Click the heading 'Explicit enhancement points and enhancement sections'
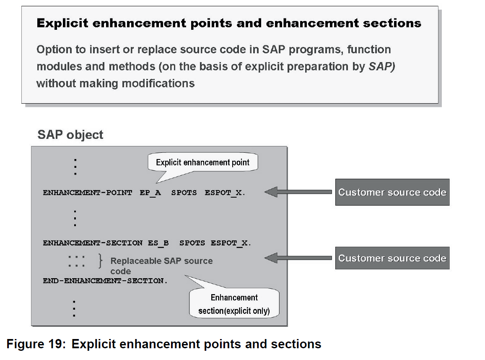pos(229,23)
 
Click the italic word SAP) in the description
pos(382,67)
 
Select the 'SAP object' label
pos(70,135)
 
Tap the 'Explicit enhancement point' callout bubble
pos(202,162)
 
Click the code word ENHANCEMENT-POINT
pos(87,193)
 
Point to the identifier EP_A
pos(150,193)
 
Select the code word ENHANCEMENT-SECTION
pos(92,243)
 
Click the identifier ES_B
pos(158,243)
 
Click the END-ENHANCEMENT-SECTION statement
pos(105,281)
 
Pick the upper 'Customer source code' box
pos(392,192)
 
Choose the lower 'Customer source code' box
pos(392,258)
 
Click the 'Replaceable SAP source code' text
pos(161,266)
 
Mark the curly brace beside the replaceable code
pos(100,261)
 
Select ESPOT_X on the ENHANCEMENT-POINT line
pos(225,193)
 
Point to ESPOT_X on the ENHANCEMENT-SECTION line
pos(231,243)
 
